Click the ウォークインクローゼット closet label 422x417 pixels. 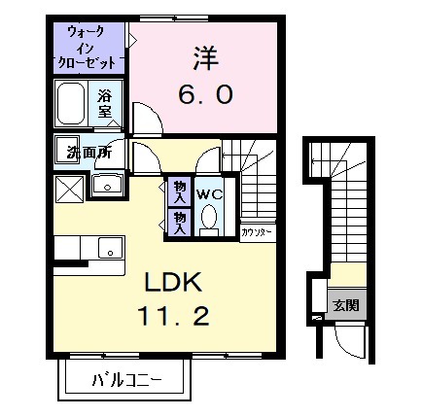tap(89, 47)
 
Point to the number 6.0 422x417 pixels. tap(204, 95)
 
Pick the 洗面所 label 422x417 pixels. tap(82, 153)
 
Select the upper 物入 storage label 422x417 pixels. tap(181, 189)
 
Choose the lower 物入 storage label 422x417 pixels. tap(181, 221)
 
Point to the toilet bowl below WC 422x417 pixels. tap(210, 223)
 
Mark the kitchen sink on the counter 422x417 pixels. tap(110, 251)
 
